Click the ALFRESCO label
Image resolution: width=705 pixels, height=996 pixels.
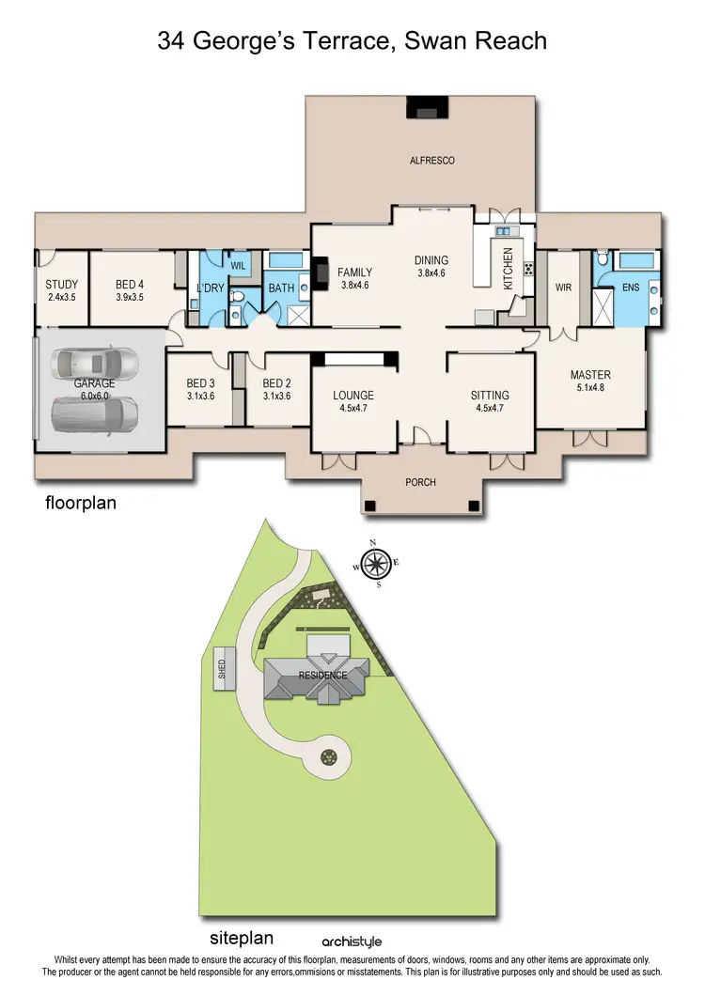[431, 161]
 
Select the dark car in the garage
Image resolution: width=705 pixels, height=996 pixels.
[95, 411]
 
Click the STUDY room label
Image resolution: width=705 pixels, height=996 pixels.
[61, 285]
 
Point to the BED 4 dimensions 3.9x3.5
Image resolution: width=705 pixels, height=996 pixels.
[130, 297]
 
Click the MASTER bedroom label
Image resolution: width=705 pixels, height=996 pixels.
[590, 375]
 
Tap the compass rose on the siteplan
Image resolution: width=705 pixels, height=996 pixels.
[376, 564]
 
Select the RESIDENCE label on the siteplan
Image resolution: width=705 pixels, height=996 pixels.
[323, 675]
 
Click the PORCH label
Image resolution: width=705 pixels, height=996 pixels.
[420, 482]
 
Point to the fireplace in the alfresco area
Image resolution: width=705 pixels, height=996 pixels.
[419, 108]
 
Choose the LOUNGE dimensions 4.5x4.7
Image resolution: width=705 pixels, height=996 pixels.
[353, 408]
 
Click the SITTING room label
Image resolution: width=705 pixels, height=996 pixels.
[489, 396]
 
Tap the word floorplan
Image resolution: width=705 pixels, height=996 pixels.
[81, 503]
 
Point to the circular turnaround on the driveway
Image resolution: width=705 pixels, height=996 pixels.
[330, 755]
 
